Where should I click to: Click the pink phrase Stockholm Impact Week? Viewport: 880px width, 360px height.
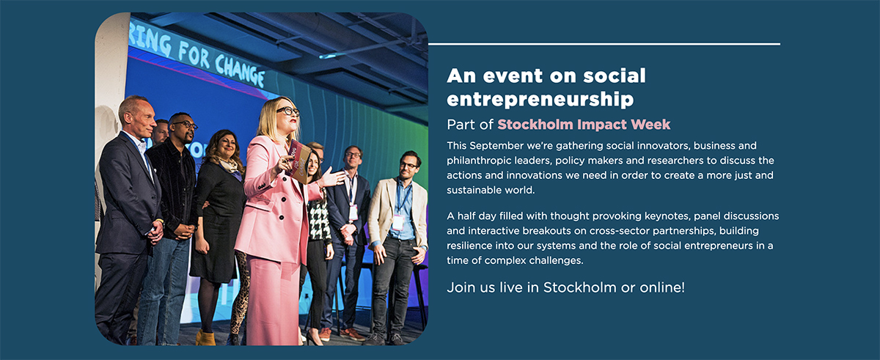point(584,125)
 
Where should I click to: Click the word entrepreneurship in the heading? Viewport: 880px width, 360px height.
point(540,99)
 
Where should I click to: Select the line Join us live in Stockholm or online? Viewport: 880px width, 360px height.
point(565,287)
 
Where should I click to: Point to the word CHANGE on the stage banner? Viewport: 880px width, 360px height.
point(240,70)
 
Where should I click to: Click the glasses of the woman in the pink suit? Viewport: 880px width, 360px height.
point(288,111)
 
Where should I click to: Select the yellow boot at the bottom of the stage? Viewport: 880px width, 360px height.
point(206,338)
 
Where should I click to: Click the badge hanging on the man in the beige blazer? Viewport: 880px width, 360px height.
point(397,222)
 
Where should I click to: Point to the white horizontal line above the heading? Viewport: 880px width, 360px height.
point(604,45)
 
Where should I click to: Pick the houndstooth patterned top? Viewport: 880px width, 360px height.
point(318,220)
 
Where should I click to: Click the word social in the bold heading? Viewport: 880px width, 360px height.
point(615,76)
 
